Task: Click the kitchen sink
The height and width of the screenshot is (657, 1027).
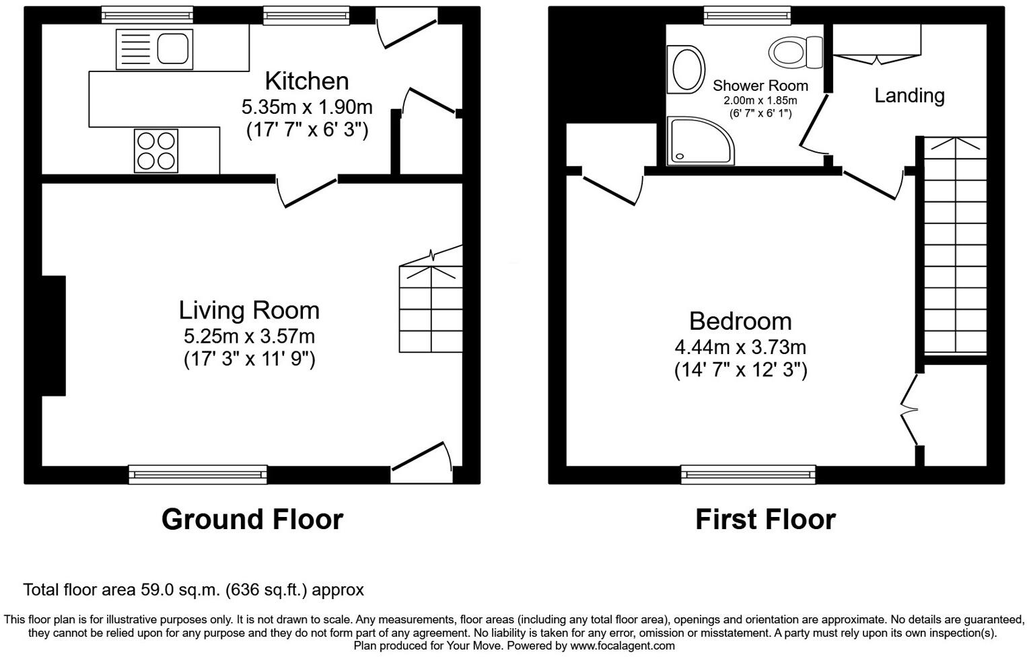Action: click(x=155, y=49)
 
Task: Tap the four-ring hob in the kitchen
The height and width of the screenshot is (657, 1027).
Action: click(x=156, y=151)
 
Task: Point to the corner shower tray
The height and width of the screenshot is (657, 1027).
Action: click(x=699, y=141)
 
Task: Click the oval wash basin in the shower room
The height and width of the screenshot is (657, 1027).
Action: click(x=686, y=69)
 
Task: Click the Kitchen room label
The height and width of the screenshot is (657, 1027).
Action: click(x=307, y=81)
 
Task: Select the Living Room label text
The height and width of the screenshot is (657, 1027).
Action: click(x=249, y=310)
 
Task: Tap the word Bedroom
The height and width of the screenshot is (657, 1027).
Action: click(x=740, y=321)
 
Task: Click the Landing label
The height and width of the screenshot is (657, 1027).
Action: click(x=909, y=96)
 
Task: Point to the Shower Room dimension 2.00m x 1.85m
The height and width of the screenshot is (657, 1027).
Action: click(x=760, y=101)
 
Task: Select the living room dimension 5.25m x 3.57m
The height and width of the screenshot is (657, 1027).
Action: click(x=249, y=336)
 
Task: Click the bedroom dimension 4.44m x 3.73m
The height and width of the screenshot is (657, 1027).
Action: click(x=740, y=347)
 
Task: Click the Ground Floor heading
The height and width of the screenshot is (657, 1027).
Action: click(x=252, y=520)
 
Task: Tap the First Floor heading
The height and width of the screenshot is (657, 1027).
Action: click(x=765, y=520)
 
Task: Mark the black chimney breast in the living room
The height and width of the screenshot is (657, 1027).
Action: click(x=54, y=335)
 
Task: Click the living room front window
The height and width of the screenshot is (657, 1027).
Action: click(x=198, y=475)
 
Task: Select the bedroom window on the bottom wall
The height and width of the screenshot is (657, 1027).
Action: click(x=748, y=475)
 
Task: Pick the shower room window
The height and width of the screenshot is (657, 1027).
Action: click(x=747, y=15)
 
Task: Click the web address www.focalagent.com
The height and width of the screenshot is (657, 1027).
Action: click(x=623, y=646)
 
